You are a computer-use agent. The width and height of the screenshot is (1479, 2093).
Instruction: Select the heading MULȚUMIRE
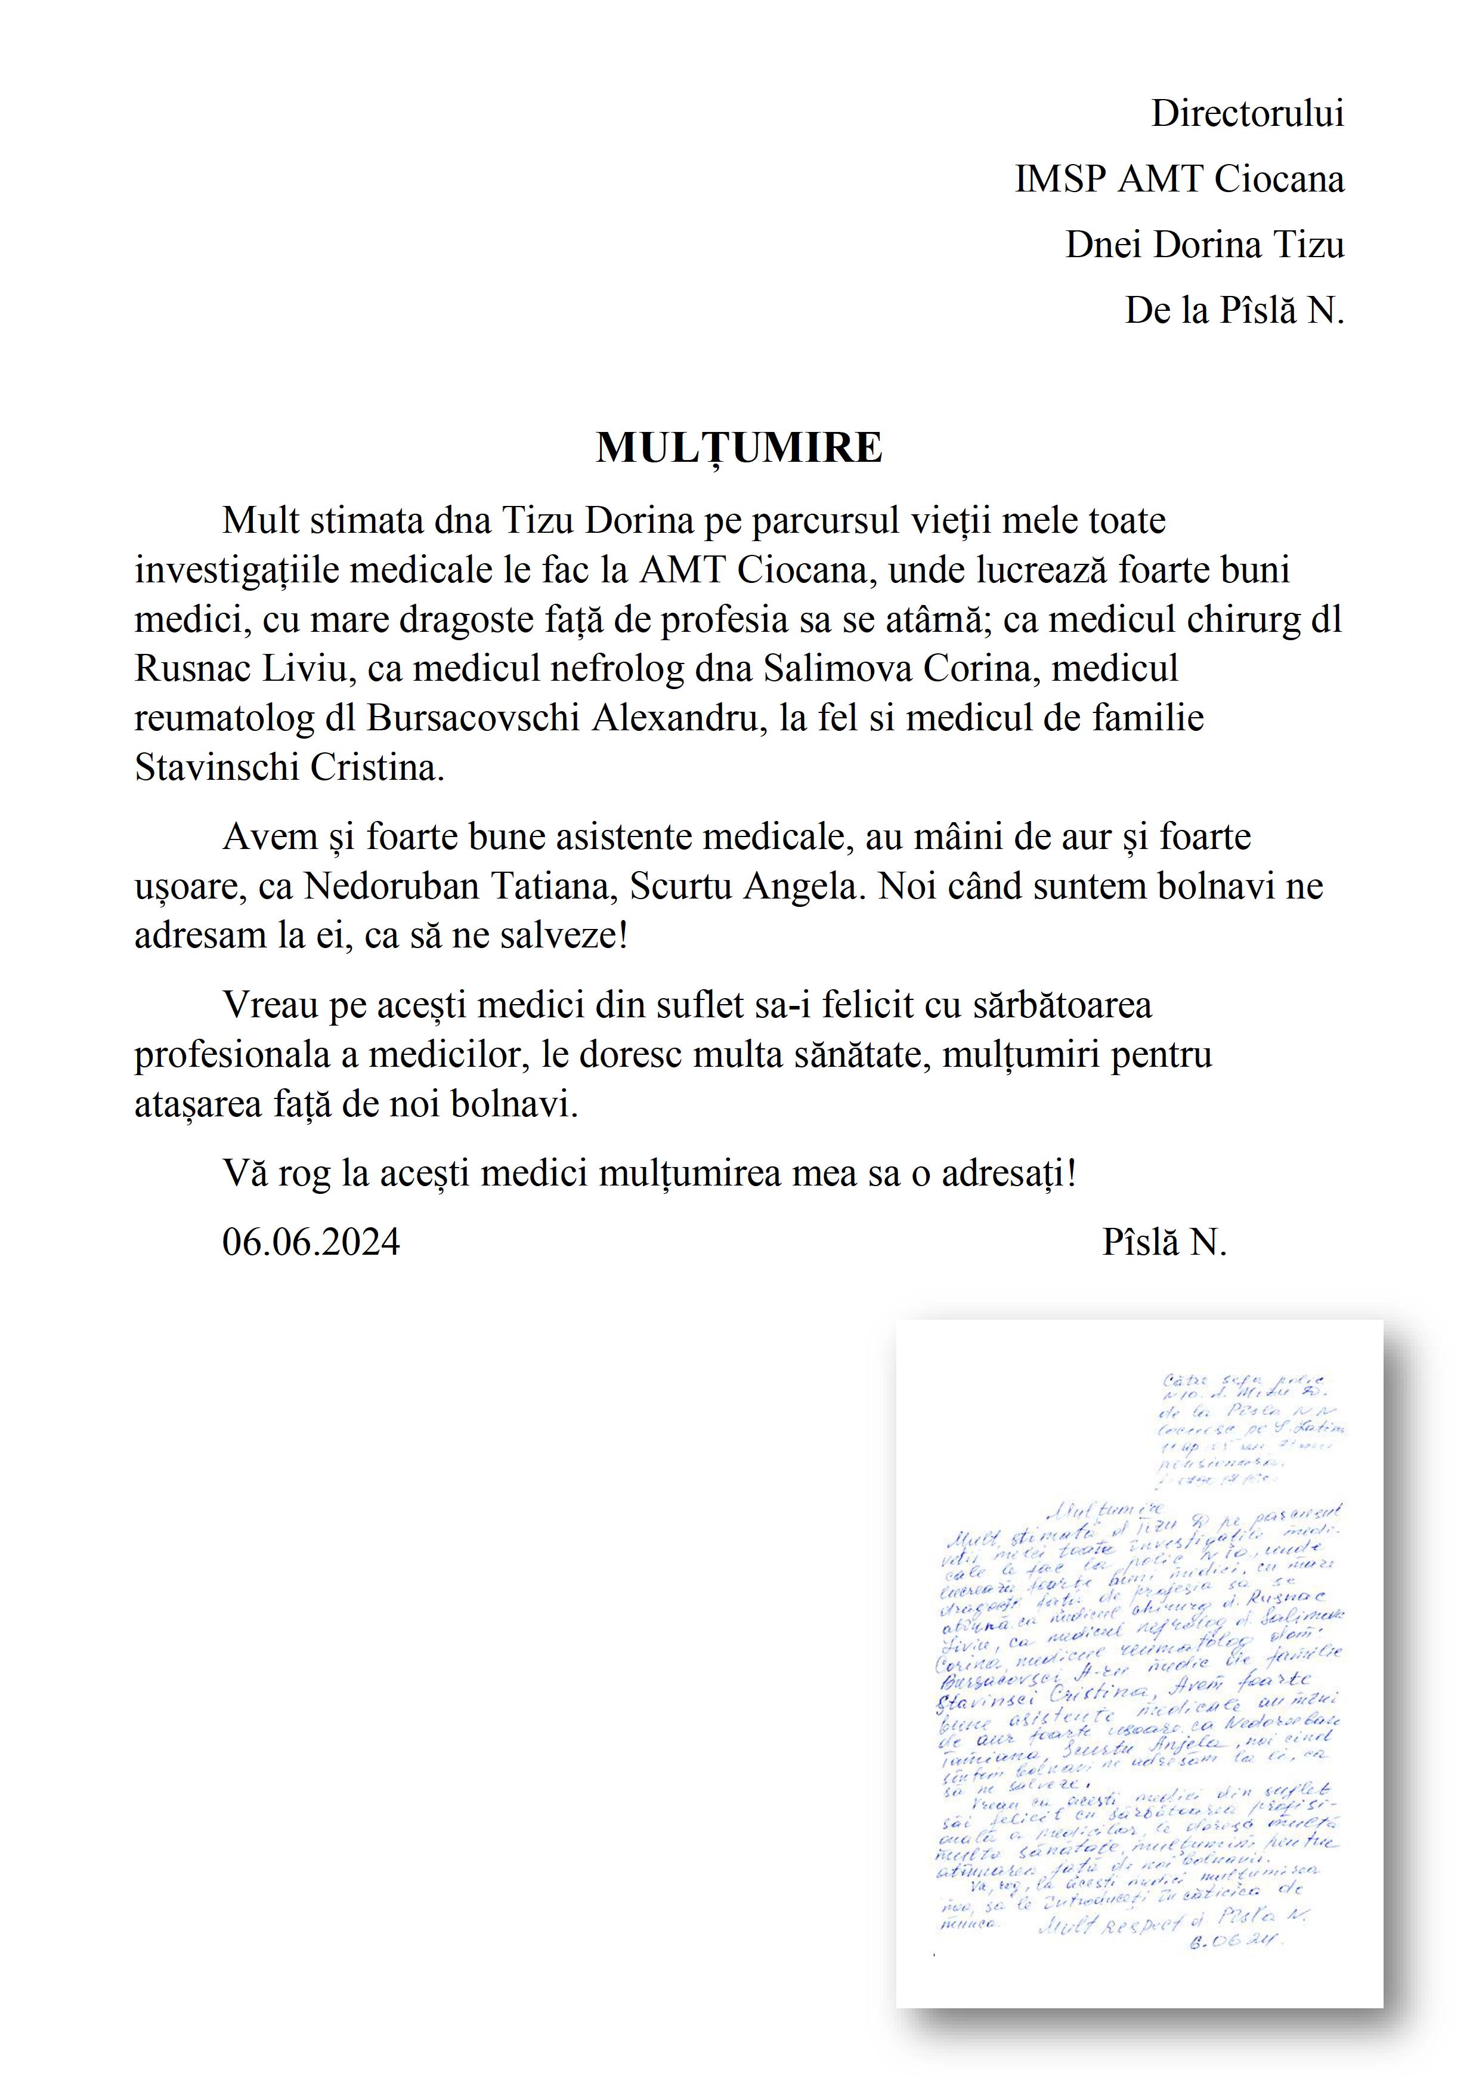pyautogui.click(x=739, y=447)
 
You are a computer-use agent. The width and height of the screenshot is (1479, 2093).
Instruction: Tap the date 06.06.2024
pyautogui.click(x=311, y=1242)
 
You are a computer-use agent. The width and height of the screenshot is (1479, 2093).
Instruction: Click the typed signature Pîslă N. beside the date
pyautogui.click(x=1164, y=1242)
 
